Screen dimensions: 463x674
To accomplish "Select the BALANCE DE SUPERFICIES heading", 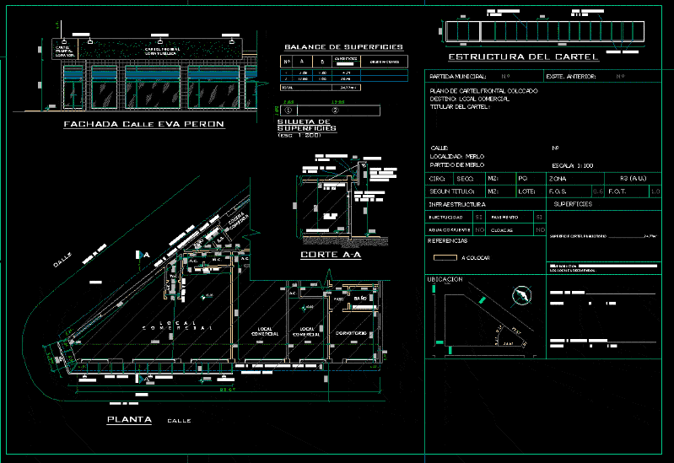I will tap(343, 47).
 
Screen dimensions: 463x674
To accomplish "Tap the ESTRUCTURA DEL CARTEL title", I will tap(523, 57).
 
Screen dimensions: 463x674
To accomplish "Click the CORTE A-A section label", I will tap(331, 254).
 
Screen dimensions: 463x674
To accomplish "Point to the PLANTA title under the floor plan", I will tap(129, 419).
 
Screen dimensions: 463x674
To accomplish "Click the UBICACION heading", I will tap(445, 278).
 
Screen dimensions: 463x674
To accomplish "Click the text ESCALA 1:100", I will tap(572, 165).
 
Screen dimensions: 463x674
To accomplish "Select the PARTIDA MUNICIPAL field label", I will tap(460, 77).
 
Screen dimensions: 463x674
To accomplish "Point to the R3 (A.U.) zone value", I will tap(632, 179).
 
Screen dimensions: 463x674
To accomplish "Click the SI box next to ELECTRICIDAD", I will tap(478, 218).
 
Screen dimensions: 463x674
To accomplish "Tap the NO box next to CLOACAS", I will tap(540, 229).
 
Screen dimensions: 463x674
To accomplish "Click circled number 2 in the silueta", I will tap(335, 110).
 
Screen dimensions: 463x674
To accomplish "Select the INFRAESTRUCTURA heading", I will tap(456, 204).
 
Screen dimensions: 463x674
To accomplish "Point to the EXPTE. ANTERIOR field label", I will tap(571, 77).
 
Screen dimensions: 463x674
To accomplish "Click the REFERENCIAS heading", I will tap(449, 241).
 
